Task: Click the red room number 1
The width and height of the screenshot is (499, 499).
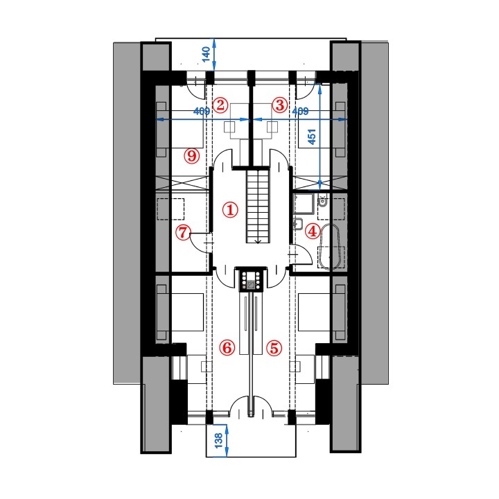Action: coord(230,210)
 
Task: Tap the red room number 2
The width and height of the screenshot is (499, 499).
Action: coord(220,105)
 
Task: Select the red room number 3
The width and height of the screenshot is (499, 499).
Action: coord(280,105)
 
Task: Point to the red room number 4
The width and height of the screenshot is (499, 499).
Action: coord(313,231)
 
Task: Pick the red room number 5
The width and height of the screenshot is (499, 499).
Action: coord(274,347)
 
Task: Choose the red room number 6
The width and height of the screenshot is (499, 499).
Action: coord(227,347)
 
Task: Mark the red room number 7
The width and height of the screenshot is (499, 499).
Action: coord(183,232)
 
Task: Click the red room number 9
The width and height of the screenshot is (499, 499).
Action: coord(192,156)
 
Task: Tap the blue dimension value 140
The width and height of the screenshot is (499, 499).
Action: coord(206,54)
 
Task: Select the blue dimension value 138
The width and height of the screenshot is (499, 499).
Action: coord(218,441)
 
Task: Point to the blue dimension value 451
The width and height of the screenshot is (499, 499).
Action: coord(312,137)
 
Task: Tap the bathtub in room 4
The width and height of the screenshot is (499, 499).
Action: coord(331,247)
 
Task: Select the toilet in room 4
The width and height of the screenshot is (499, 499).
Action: coord(322,201)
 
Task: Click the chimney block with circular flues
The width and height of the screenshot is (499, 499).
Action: coord(251,280)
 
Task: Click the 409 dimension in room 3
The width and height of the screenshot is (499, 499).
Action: coord(300,112)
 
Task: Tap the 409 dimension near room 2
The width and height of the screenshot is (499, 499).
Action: coord(202,111)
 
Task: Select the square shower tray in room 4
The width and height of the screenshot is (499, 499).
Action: coord(304,203)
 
